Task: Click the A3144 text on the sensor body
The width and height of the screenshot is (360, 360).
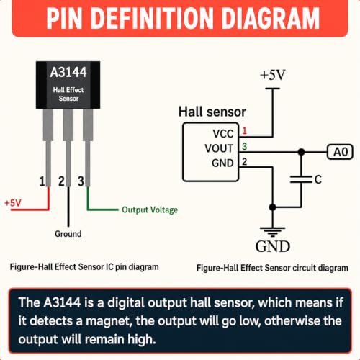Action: coord(68,72)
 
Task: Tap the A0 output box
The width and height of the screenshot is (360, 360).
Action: coord(340,152)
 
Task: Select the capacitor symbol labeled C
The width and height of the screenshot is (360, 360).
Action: coord(301,179)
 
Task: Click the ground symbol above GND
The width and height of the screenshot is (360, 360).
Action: coord(273,231)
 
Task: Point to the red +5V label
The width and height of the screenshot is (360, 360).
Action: coord(13,203)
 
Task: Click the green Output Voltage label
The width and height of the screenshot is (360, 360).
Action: coord(150,210)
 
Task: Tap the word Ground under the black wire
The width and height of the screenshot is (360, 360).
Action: coord(68,234)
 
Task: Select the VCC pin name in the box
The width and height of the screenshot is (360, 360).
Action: coord(223,134)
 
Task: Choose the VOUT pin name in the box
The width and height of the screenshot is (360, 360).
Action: coord(219,148)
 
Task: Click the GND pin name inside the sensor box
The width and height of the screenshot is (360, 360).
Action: coord(222,163)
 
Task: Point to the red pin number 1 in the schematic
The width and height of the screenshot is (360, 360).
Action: coord(244,130)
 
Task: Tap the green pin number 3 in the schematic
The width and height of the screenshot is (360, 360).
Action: coord(244,146)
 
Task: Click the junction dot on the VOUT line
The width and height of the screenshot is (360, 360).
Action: coord(301,152)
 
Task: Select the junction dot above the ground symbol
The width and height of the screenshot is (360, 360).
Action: coord(272,207)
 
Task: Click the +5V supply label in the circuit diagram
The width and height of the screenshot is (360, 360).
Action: coord(273,75)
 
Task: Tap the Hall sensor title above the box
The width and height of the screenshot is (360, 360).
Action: coord(212,112)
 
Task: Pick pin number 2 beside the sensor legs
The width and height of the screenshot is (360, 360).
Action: coord(61,181)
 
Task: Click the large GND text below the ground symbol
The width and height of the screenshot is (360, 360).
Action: coord(273,246)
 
